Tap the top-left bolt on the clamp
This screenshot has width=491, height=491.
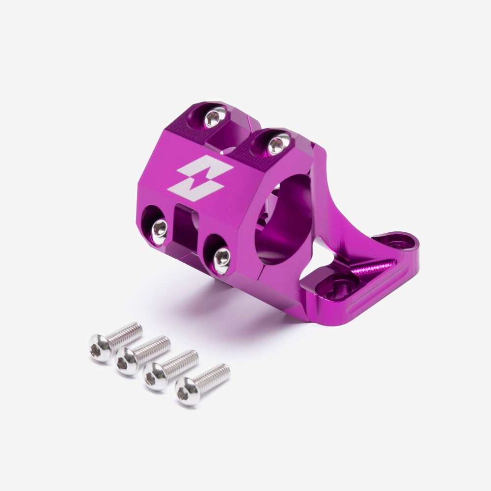[215, 117]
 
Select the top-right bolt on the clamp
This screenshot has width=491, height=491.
[277, 144]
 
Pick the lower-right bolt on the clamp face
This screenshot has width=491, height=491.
[221, 257]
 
